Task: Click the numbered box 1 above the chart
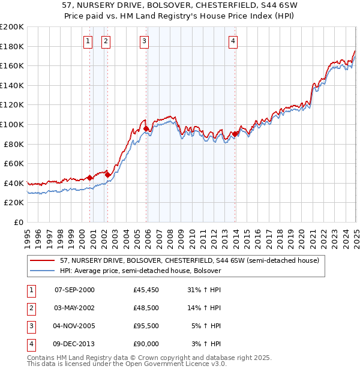click(88, 41)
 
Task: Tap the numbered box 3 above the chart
click(145, 41)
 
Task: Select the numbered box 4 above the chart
click(233, 41)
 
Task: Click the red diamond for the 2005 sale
click(146, 128)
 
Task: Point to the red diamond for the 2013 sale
click(235, 134)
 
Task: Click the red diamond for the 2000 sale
click(89, 178)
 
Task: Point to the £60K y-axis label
click(14, 163)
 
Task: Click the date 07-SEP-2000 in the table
click(74, 290)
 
